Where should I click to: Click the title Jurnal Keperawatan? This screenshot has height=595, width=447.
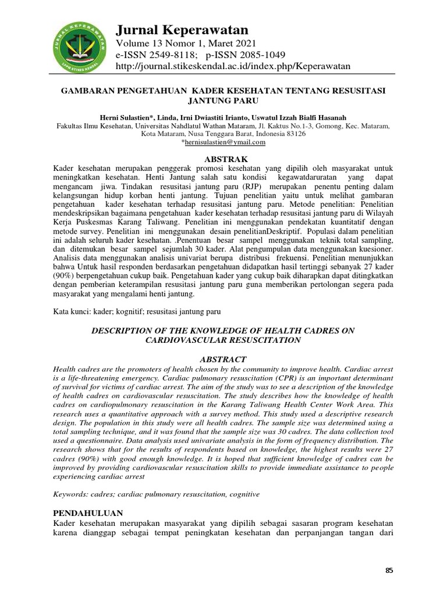click(182, 30)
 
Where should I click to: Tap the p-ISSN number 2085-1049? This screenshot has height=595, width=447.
click(258, 55)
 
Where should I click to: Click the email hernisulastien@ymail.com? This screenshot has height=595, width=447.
click(224, 142)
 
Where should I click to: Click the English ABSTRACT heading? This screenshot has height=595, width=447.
click(223, 359)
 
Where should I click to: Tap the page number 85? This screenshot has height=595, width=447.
click(389, 571)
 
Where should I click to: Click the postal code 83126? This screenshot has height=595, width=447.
click(293, 133)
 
